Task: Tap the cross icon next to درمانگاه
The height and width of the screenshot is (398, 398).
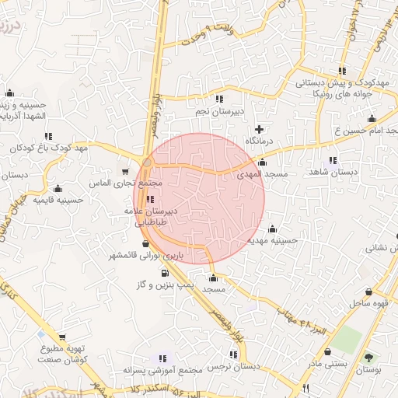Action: tap(260, 128)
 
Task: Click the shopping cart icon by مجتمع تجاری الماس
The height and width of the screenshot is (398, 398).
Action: tap(126, 172)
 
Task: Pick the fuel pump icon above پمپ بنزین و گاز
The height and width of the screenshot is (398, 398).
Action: tap(165, 273)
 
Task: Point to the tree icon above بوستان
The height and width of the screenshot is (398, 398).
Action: tap(368, 358)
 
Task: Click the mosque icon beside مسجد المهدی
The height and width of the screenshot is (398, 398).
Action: tap(262, 162)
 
